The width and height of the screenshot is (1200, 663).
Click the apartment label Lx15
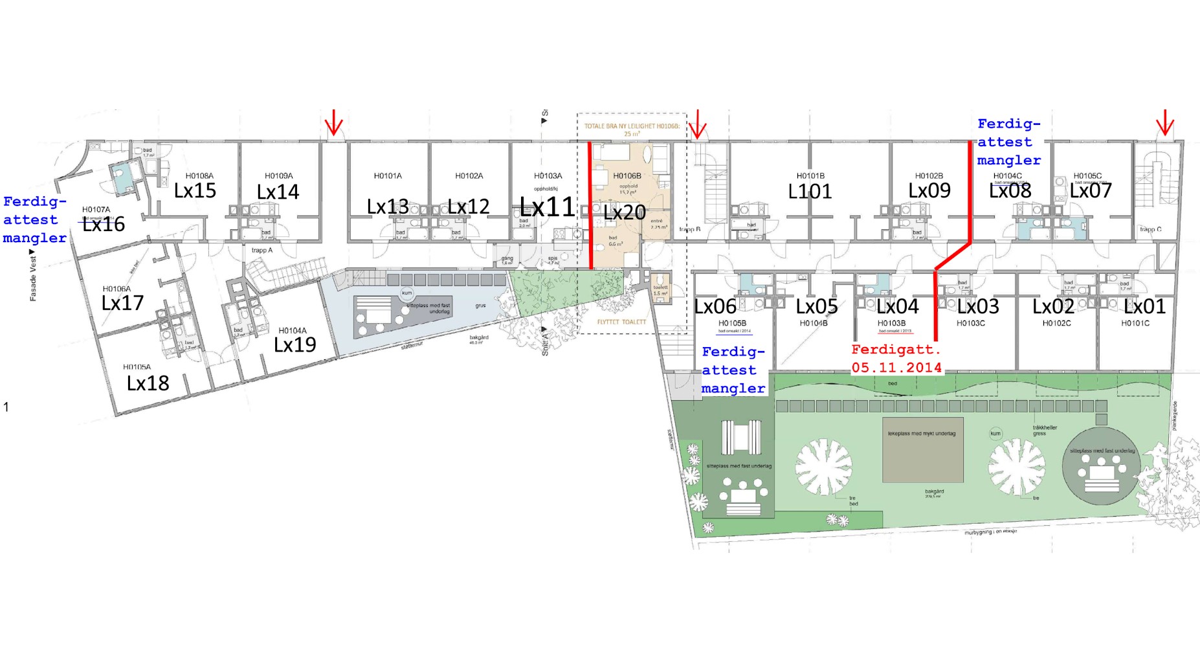[195, 191]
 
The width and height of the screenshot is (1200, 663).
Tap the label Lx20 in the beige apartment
[625, 212]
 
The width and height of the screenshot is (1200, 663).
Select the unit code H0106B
[627, 175]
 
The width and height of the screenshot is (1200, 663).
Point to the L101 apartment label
[810, 192]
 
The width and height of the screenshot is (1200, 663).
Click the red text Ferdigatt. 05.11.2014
[896, 359]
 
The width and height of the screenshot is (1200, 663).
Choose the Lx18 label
[148, 383]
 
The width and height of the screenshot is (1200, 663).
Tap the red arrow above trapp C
[1165, 122]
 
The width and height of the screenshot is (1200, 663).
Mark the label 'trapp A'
[262, 250]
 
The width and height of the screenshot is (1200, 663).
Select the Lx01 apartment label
[1144, 306]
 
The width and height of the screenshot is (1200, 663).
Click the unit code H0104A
[293, 331]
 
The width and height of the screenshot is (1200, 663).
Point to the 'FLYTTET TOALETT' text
[621, 322]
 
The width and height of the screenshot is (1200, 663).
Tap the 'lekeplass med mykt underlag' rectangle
[922, 449]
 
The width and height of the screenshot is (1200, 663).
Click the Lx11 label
[548, 207]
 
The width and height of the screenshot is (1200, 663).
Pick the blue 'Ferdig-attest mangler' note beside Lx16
[34, 219]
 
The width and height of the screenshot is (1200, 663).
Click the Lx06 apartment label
[715, 306]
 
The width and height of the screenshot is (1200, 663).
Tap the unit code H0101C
[1135, 323]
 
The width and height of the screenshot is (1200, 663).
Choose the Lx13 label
[388, 207]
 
